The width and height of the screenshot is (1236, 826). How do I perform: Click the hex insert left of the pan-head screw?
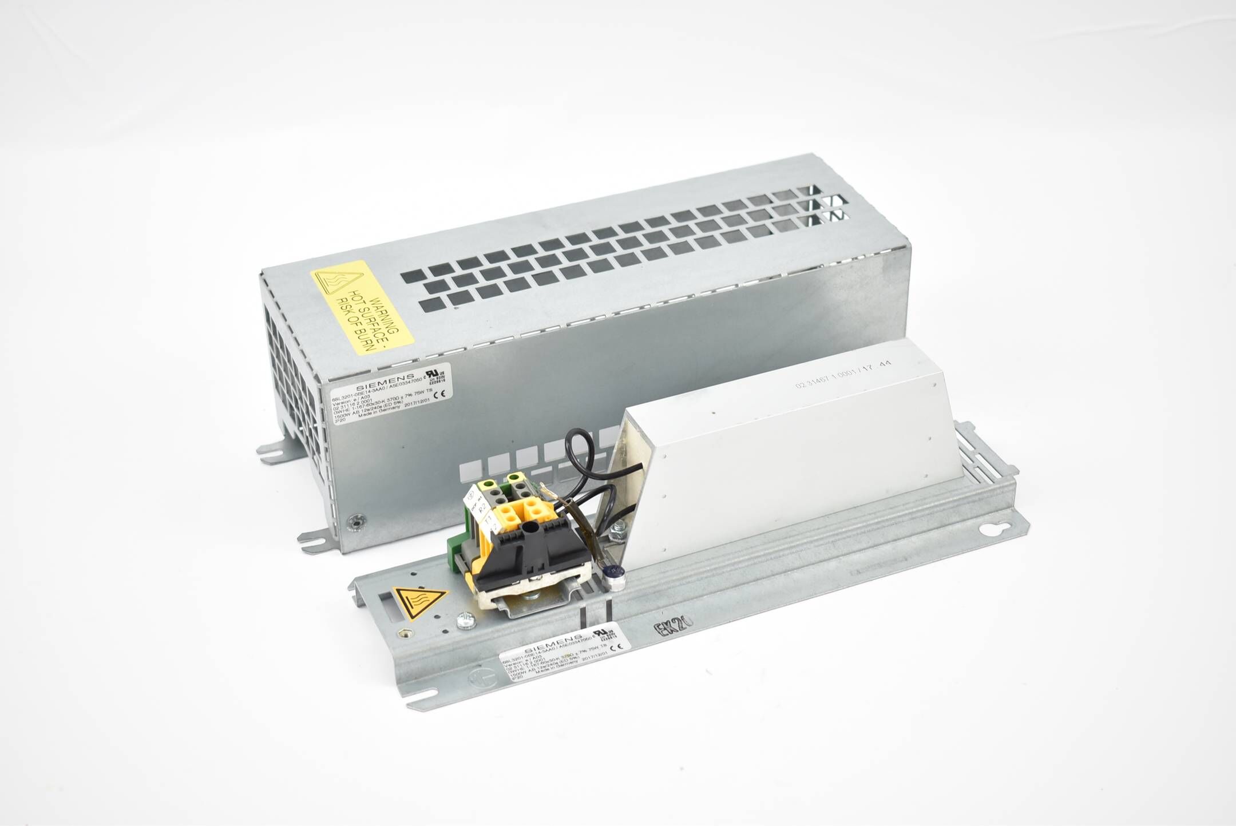407,632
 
